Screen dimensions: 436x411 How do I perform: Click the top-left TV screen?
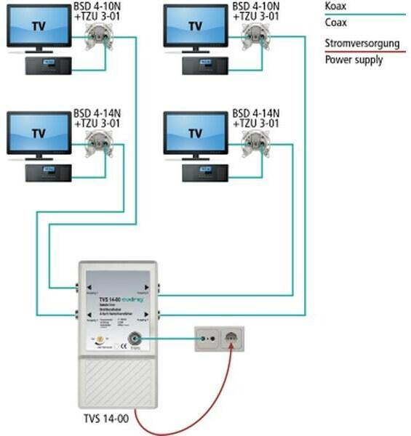pyautogui.click(x=39, y=25)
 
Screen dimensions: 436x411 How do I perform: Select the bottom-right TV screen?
pyautogui.click(x=195, y=133)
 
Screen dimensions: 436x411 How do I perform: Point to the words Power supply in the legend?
pyautogui.click(x=353, y=60)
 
